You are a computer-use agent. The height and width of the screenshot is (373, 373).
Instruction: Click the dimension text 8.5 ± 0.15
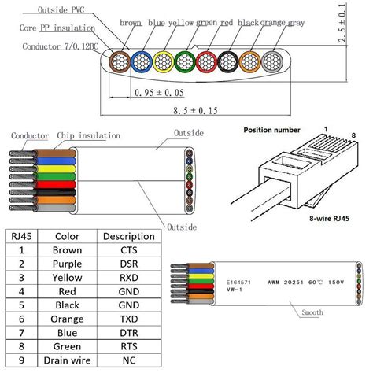(195, 111)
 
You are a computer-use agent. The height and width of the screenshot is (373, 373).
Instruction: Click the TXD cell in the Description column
(129, 321)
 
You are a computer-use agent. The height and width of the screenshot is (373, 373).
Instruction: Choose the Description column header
(129, 235)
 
